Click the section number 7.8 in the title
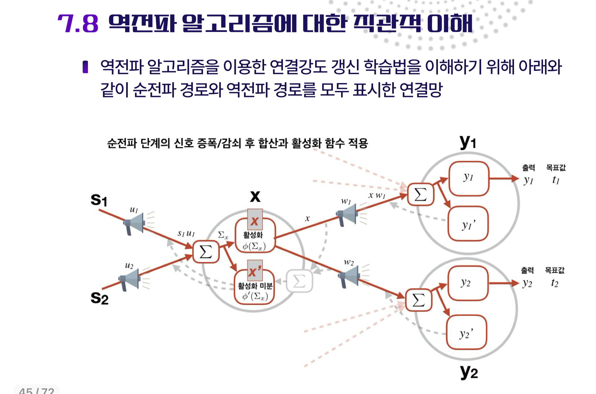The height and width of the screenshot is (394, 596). tap(78, 24)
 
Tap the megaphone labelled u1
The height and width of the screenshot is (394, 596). tap(134, 223)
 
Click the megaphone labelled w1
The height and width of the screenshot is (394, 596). tap(347, 214)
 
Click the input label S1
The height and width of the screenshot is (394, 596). tap(99, 200)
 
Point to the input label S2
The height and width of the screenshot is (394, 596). tap(99, 298)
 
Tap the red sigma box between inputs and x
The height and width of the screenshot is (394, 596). tap(206, 252)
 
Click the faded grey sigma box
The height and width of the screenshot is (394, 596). tap(299, 281)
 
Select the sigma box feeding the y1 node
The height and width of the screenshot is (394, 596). tap(420, 195)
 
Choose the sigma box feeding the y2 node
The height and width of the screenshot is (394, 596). tap(419, 300)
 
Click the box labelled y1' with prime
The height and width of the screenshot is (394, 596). tap(468, 224)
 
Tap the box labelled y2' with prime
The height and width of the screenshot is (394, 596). tap(466, 332)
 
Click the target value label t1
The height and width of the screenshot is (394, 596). tap(555, 180)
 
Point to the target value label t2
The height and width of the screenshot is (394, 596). tap(555, 283)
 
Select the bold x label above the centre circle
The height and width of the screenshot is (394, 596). tap(255, 197)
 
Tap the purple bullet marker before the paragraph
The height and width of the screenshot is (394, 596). tap(85, 67)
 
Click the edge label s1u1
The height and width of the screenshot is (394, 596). tap(186, 234)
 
